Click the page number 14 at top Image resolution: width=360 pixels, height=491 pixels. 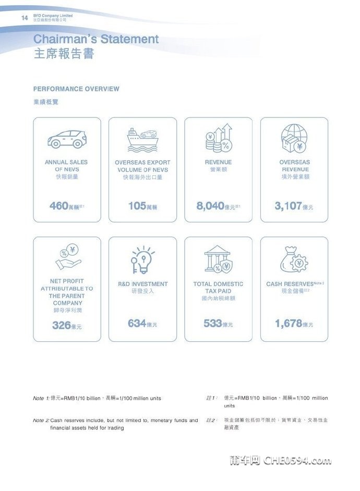point(24,18)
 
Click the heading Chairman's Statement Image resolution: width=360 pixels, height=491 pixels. point(96,39)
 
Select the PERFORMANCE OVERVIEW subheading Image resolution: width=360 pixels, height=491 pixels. point(76,89)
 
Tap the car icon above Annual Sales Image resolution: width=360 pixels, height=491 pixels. point(67,138)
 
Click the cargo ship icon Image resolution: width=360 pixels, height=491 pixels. point(142,139)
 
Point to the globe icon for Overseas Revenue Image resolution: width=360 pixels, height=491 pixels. point(294,138)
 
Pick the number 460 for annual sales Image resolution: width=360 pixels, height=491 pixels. point(58,206)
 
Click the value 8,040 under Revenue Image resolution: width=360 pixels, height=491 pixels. point(210,206)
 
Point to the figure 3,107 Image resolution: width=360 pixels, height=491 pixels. point(288,206)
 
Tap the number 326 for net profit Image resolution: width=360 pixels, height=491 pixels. point(61,326)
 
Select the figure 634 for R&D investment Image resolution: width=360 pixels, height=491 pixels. point(137,324)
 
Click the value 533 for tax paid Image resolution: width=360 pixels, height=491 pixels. point(213,324)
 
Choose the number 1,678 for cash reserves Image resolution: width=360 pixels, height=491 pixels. point(289,324)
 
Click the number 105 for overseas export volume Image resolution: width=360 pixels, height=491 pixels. point(137,206)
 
